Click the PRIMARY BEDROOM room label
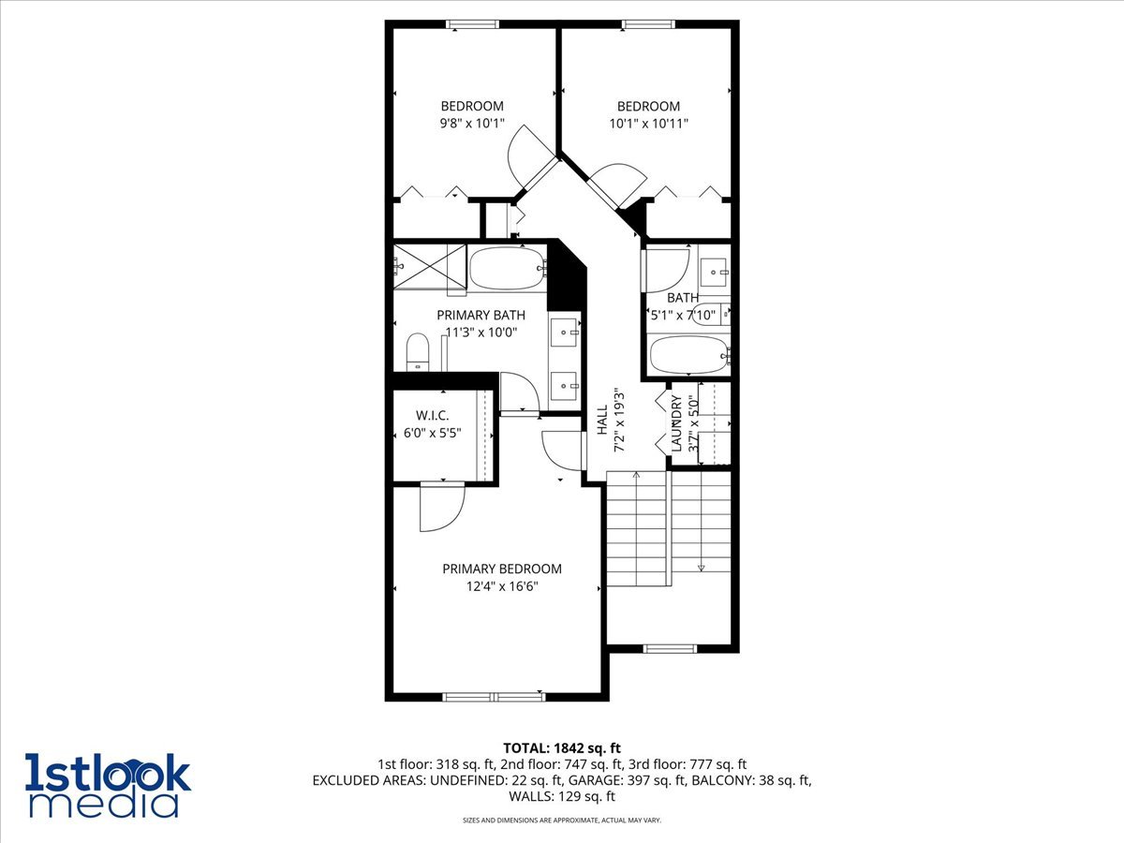coord(502,569)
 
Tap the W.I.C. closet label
coord(433,416)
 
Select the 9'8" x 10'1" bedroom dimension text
coord(472,123)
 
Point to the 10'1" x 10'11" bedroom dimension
coord(648,123)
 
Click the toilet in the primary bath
coord(417,353)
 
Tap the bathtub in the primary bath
coord(507,269)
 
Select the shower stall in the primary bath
coord(430,265)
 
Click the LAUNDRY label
coord(676,424)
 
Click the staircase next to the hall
coord(668,529)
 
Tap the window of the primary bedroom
coord(493,696)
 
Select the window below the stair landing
coord(671,648)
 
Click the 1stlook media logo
coord(108,784)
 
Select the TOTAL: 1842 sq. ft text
coord(562,747)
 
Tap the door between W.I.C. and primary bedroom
coord(442,507)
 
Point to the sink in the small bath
coord(717,272)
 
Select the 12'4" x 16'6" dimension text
coord(502,586)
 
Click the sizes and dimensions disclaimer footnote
coord(562,821)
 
